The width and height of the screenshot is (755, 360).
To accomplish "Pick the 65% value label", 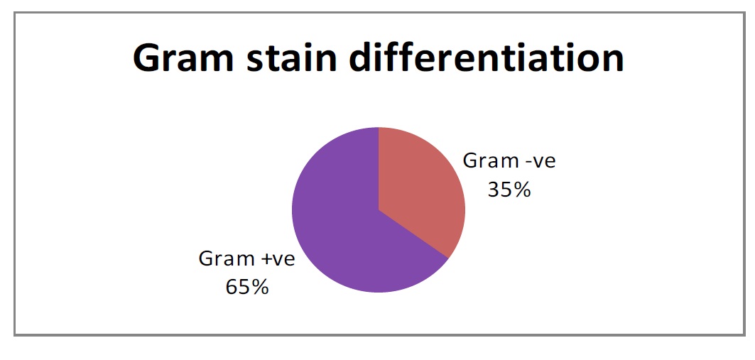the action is pyautogui.click(x=247, y=288).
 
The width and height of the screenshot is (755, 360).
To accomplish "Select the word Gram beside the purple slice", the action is pyautogui.click(x=225, y=259).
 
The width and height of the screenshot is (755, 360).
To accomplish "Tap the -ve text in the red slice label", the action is pyautogui.click(x=538, y=163).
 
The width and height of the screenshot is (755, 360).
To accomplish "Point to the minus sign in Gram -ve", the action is pyautogui.click(x=526, y=164).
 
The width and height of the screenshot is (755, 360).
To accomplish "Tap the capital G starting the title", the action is pyautogui.click(x=147, y=58).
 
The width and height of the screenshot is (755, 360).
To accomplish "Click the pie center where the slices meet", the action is pyautogui.click(x=379, y=210).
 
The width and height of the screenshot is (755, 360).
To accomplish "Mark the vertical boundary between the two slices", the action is pyautogui.click(x=379, y=168).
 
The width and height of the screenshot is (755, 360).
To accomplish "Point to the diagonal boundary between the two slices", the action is pyautogui.click(x=413, y=234).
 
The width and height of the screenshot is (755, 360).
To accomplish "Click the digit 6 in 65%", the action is pyautogui.click(x=232, y=288).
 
